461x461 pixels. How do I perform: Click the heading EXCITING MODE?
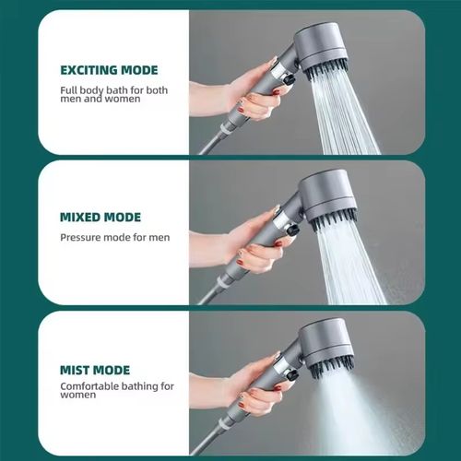click(109, 70)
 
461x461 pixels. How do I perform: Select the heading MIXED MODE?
click(100, 218)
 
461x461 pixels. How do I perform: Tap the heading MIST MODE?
click(94, 369)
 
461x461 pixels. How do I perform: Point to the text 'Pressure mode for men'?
click(115, 237)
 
